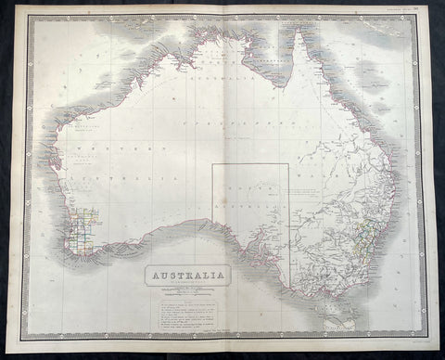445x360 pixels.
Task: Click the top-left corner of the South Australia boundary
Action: (x=213, y=164)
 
